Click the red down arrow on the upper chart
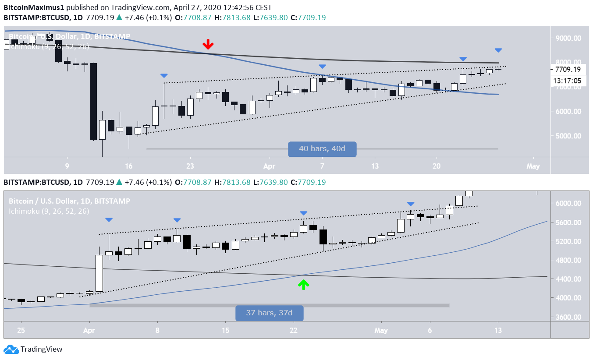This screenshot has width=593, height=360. pyautogui.click(x=208, y=44)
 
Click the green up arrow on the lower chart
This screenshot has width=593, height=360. pyautogui.click(x=303, y=285)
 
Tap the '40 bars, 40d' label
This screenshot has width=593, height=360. pyautogui.click(x=322, y=149)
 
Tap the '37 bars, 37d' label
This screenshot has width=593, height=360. pyautogui.click(x=269, y=313)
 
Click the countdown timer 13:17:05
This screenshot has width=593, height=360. pyautogui.click(x=567, y=81)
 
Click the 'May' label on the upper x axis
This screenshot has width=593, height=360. pyautogui.click(x=533, y=166)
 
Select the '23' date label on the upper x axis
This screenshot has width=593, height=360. pyautogui.click(x=190, y=166)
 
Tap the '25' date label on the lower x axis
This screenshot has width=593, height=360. pyautogui.click(x=21, y=330)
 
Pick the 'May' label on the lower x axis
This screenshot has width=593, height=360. pyautogui.click(x=381, y=330)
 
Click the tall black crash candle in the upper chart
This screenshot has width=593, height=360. pyautogui.click(x=93, y=102)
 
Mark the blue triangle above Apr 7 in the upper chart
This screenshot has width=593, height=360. pyautogui.click(x=322, y=67)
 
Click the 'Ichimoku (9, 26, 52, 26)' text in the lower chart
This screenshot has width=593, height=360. pyautogui.click(x=49, y=211)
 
